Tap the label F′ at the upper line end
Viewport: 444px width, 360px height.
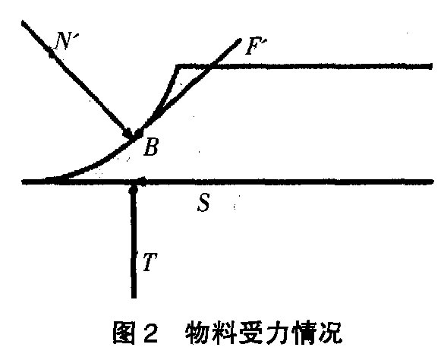256,46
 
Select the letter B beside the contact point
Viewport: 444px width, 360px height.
151,147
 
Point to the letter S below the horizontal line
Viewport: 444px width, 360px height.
203,202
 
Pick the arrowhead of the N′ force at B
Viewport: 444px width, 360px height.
129,133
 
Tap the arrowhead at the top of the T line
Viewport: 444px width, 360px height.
133,189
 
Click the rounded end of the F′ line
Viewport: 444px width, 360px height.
239,40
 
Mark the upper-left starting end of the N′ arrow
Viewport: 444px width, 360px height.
24,22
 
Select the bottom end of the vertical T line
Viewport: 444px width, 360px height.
134,297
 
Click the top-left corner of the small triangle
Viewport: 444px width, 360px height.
177,66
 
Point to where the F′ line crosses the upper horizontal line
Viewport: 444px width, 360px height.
210,66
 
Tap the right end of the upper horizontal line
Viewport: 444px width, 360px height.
431,66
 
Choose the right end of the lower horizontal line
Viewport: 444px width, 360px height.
432,182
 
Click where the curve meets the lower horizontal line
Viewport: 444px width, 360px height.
58,180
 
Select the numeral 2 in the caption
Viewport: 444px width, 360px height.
150,332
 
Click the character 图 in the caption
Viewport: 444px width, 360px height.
124,332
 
